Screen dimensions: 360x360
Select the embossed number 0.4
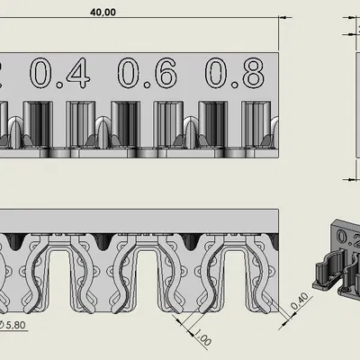(60, 74)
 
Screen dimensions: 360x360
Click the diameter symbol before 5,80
(3, 325)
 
